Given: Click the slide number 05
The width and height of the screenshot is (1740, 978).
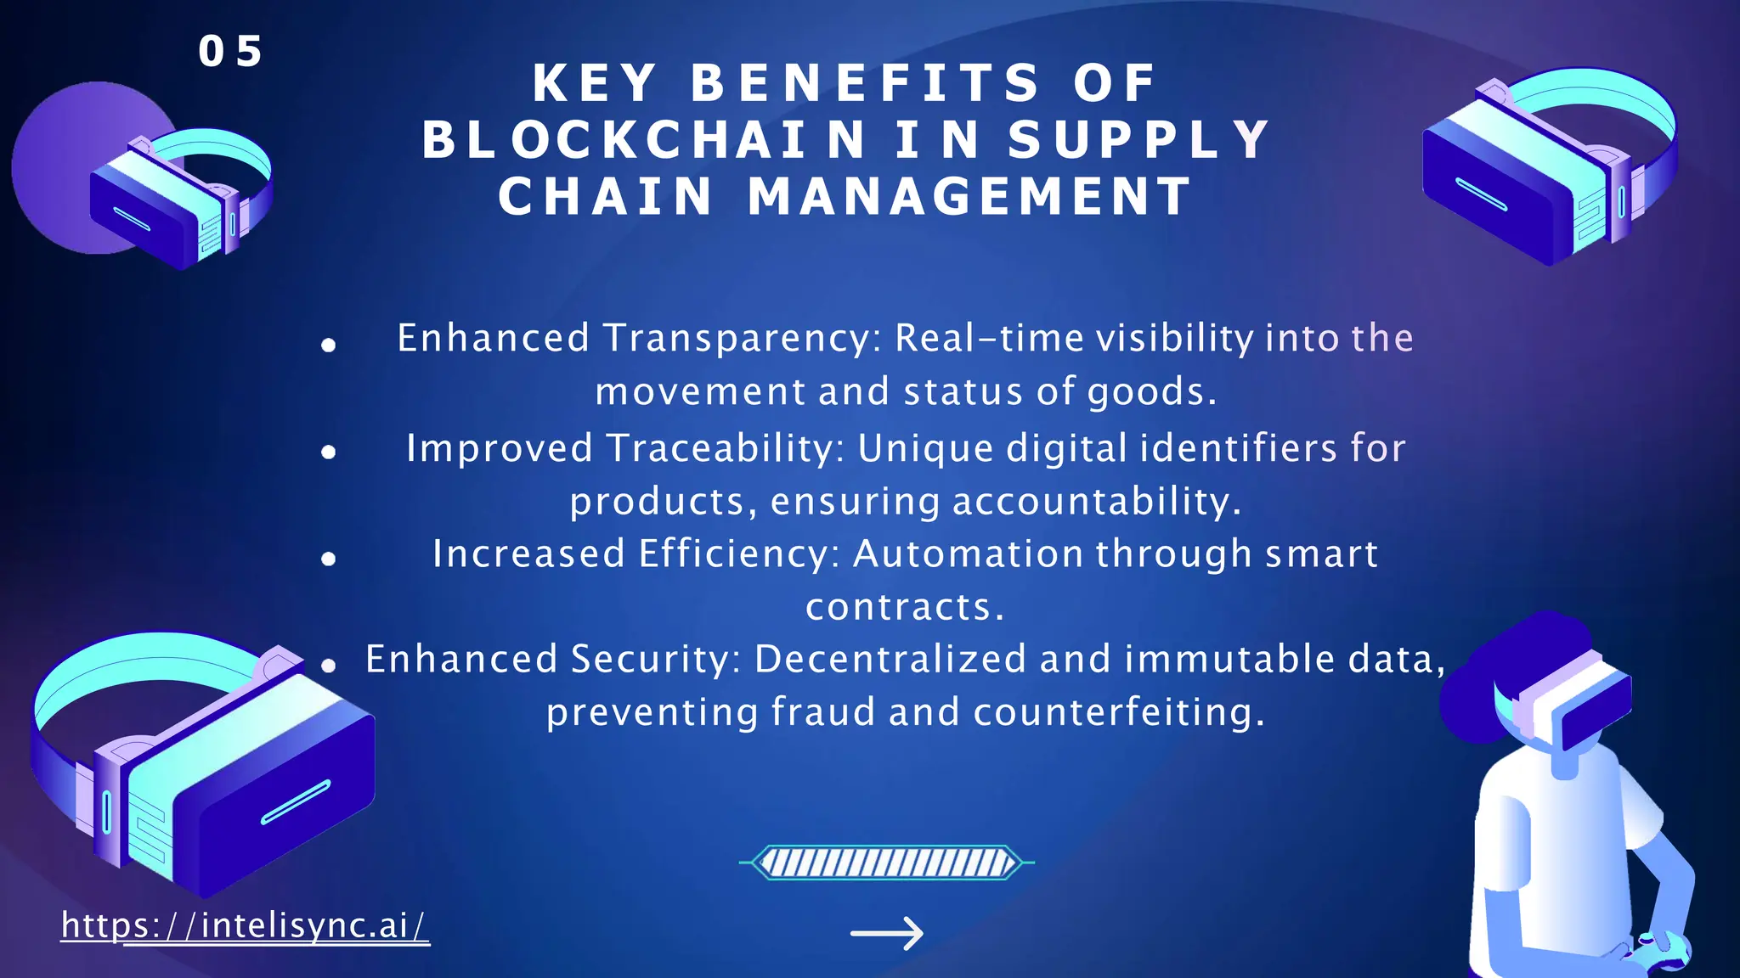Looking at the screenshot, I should (x=230, y=52).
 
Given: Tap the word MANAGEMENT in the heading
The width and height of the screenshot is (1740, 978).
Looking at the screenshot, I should (x=970, y=197).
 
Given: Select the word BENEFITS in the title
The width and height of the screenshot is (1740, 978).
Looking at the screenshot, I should (x=865, y=83).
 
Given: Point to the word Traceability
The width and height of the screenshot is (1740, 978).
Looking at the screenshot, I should (x=726, y=448).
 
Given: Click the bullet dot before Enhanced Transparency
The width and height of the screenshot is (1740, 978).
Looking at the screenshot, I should (x=329, y=345).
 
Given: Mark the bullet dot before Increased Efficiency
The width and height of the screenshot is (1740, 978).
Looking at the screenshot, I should (x=329, y=559).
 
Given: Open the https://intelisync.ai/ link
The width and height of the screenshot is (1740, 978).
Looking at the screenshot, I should (x=245, y=925).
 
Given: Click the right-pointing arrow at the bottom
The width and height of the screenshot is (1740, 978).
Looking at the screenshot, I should (x=886, y=934).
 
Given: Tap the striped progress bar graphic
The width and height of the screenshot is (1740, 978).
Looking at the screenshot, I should (x=886, y=863).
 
